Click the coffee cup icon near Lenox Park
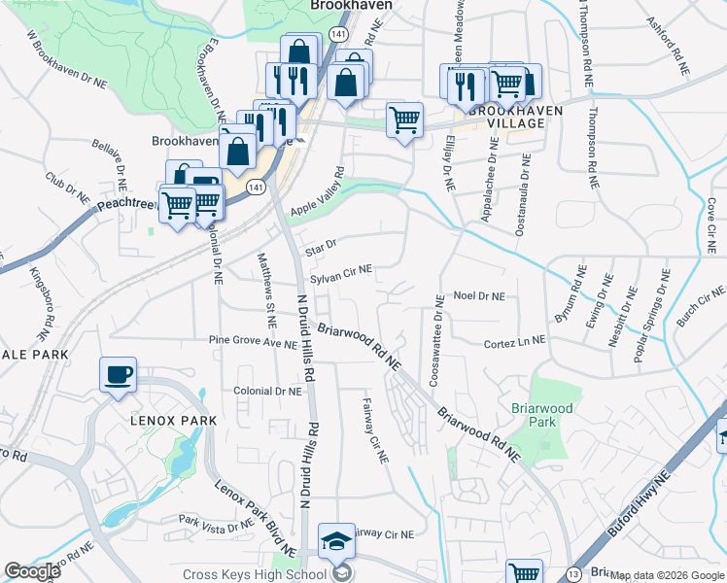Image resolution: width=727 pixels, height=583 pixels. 118,375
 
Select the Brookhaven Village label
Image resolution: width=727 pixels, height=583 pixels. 515,118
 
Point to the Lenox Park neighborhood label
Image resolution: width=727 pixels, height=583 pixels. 170,420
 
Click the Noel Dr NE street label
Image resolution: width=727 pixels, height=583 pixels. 480,295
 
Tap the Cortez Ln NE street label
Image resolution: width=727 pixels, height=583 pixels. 515,342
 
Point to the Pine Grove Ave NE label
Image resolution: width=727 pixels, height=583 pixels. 253,342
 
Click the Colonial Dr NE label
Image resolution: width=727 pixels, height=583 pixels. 268,391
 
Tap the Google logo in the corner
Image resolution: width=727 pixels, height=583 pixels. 32,571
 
